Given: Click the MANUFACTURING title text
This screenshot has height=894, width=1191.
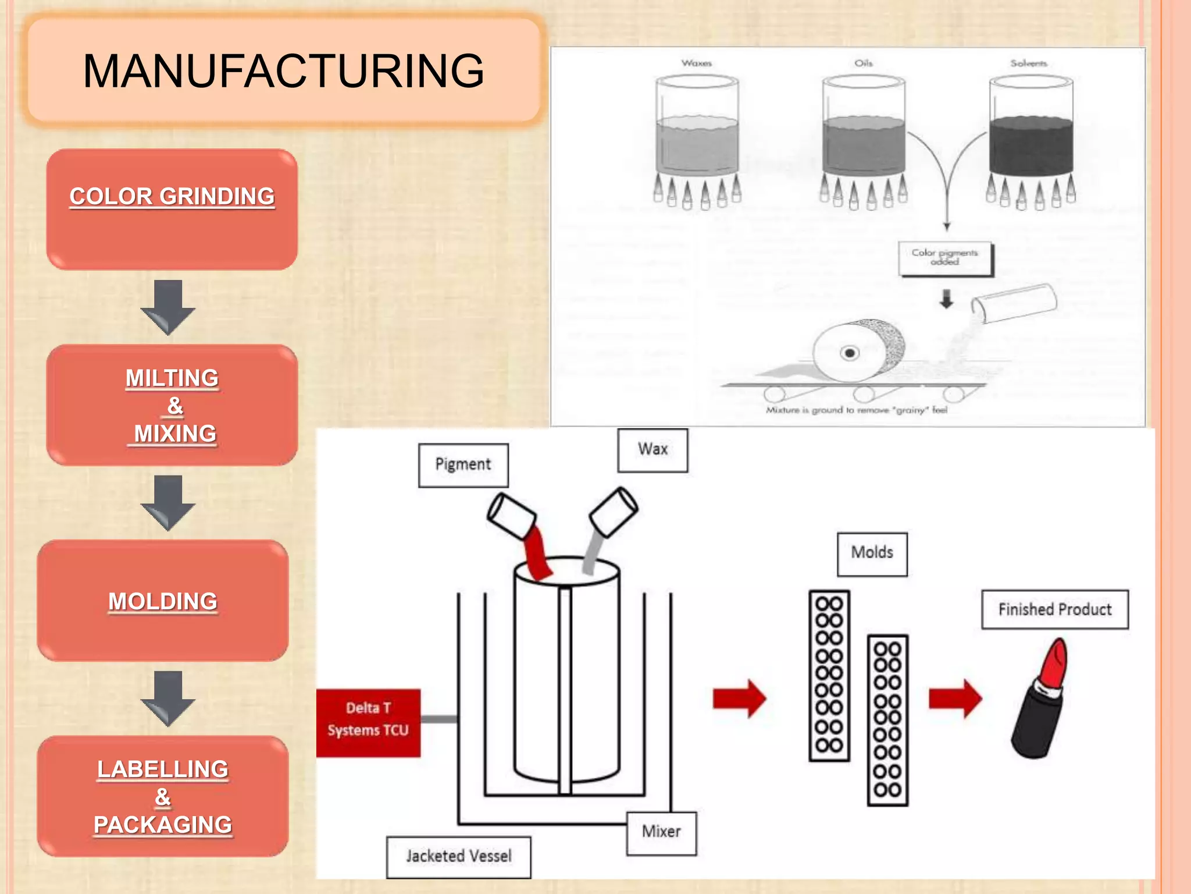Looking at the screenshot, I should click(x=283, y=71).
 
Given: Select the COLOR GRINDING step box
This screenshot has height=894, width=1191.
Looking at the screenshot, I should click(x=172, y=210).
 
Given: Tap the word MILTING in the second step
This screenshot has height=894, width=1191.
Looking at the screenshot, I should click(x=172, y=378).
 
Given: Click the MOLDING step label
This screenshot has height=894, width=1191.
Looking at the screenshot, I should click(x=163, y=601).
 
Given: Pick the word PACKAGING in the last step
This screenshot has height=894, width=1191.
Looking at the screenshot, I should click(x=163, y=825).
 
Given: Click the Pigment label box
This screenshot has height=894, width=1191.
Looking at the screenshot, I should click(x=463, y=464).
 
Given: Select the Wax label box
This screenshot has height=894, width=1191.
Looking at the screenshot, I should click(x=652, y=449).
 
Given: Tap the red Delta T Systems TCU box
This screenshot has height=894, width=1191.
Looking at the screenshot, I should click(x=368, y=722).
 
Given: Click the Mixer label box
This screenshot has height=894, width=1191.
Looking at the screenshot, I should click(x=661, y=832).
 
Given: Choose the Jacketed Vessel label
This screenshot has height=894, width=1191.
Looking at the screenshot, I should click(x=459, y=856).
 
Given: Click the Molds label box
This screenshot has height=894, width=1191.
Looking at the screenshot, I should click(x=872, y=553).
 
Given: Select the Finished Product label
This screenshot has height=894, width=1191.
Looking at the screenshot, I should click(x=1054, y=609).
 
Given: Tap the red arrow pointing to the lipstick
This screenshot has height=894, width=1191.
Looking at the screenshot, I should click(x=955, y=698).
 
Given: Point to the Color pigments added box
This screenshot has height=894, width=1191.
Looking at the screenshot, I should click(x=945, y=258).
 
